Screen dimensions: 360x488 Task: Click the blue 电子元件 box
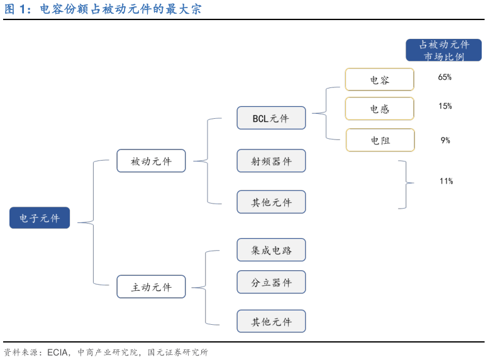[40, 218]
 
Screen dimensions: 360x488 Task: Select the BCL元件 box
[271, 118]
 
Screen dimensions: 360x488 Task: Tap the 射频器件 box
[271, 161]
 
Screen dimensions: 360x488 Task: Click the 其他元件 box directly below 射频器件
[271, 202]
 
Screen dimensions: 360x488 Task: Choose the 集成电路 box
[271, 250]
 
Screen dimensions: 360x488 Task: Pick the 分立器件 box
[271, 283]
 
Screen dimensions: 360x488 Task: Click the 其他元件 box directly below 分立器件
[271, 322]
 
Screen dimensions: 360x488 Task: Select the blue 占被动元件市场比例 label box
[443, 50]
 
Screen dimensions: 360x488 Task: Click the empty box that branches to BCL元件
[151, 161]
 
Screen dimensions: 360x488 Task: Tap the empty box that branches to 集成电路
[151, 286]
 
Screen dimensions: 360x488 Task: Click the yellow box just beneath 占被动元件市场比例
[379, 80]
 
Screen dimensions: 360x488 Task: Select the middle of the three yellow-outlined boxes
[379, 109]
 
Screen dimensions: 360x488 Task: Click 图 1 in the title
[16, 10]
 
